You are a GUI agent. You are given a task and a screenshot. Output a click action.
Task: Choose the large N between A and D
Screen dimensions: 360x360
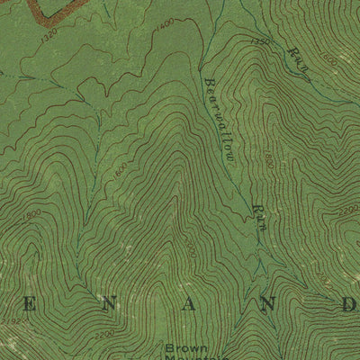click(267, 306)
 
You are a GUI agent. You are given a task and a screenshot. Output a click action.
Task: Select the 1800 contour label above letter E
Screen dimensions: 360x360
click(33, 214)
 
